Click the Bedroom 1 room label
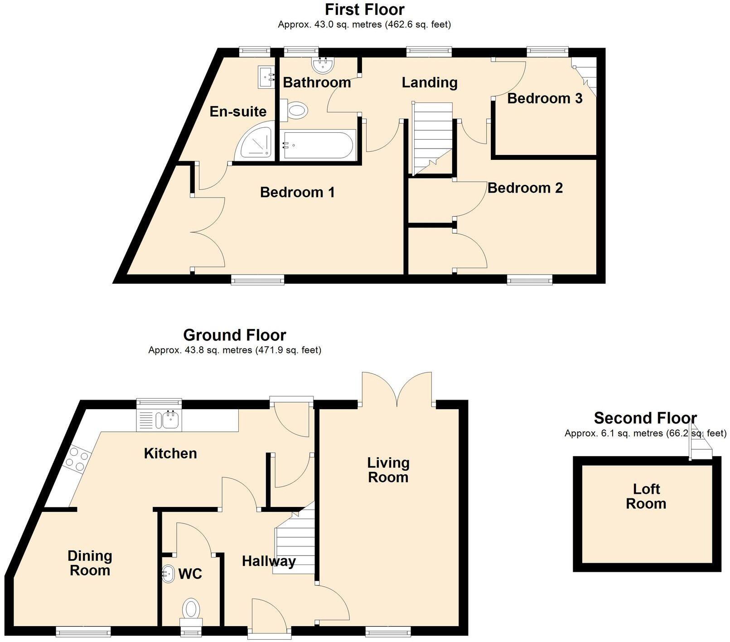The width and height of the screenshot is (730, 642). click(x=297, y=193)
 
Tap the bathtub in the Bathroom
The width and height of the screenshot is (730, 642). click(x=318, y=145)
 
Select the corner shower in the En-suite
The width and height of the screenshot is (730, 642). click(x=256, y=142)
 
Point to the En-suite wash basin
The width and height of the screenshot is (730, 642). click(x=266, y=77)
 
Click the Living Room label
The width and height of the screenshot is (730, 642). click(x=388, y=470)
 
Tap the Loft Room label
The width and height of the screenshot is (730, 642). click(x=646, y=496)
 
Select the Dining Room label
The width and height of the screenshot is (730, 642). click(x=90, y=563)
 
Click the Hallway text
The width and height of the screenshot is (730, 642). click(x=269, y=561)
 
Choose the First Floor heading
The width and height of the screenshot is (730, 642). click(x=365, y=9)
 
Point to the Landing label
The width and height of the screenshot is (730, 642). click(x=430, y=82)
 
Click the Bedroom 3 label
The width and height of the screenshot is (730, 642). click(x=545, y=98)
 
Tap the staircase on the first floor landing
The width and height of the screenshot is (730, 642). click(x=432, y=139)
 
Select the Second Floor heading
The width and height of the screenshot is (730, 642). click(x=645, y=418)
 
